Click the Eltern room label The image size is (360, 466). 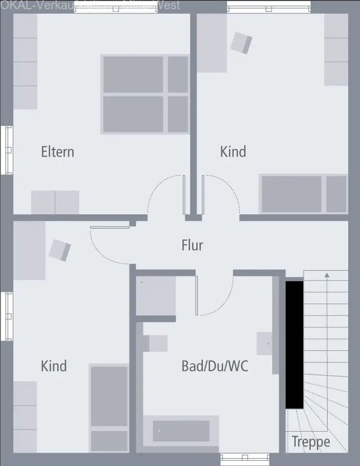(58, 152)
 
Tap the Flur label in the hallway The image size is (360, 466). (192, 245)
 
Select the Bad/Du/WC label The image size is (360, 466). (215, 366)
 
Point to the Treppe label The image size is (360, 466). (311, 442)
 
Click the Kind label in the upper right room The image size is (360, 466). (233, 152)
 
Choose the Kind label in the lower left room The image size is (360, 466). (54, 366)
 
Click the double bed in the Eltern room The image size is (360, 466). (146, 95)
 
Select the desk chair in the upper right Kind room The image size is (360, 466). (241, 43)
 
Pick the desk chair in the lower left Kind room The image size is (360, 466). (60, 250)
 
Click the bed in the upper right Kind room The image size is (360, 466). (304, 194)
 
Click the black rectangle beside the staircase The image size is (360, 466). (294, 344)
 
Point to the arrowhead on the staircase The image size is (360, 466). (326, 276)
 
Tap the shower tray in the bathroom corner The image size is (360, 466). (156, 296)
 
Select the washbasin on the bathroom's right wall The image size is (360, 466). (266, 343)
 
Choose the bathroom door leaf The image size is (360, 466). (196, 296)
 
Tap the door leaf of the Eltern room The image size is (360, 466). (184, 195)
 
